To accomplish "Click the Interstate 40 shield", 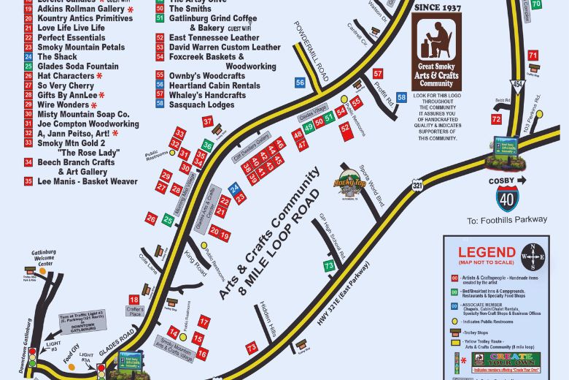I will (x=508, y=199).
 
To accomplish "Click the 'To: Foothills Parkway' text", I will (x=507, y=219).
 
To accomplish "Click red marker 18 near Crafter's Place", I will (x=133, y=300).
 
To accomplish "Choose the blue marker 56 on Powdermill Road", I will (x=300, y=83).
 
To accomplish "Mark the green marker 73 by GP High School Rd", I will (x=329, y=266).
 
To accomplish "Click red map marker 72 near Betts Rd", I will (x=496, y=119).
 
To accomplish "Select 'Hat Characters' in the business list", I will (x=66, y=75).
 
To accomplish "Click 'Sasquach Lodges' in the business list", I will (x=201, y=104).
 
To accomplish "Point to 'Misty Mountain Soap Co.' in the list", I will (x=82, y=114).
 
